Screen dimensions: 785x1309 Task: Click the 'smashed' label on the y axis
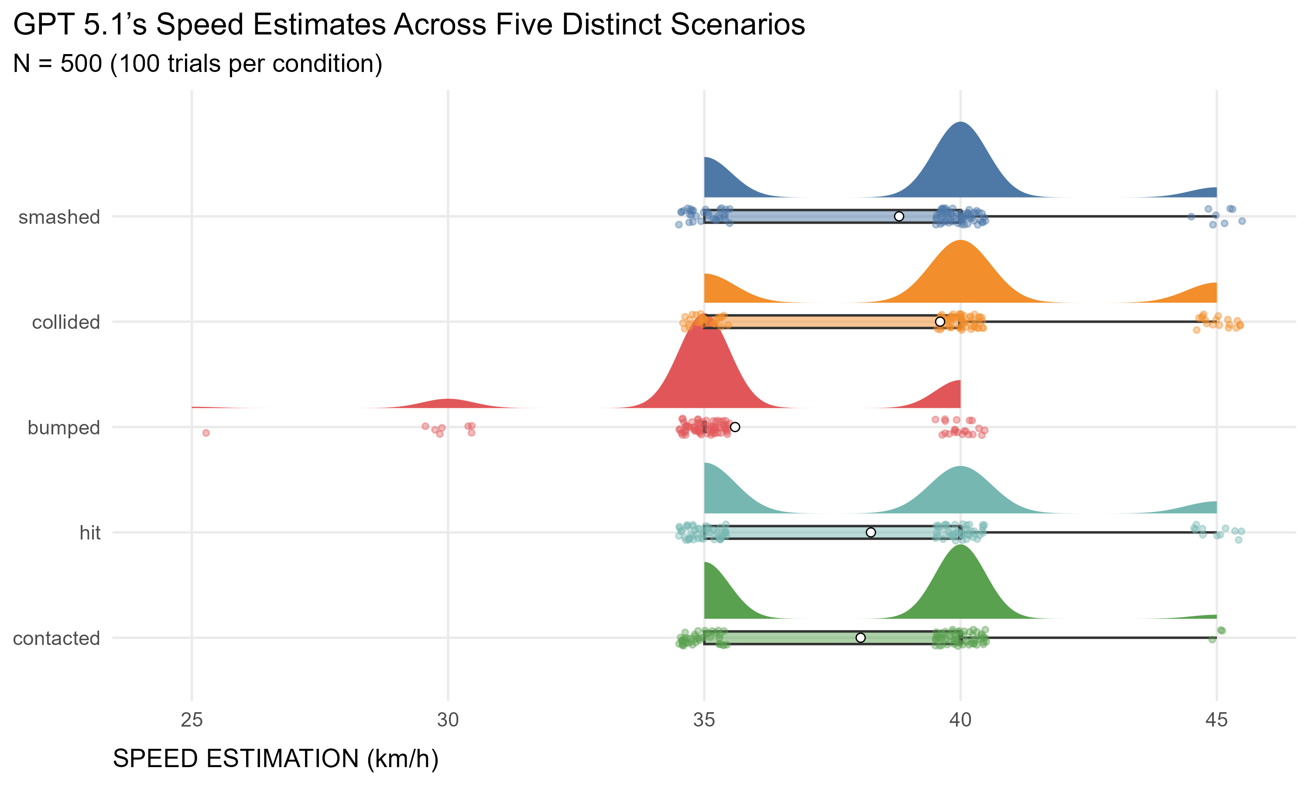(x=59, y=217)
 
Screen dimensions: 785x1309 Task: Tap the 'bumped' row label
(x=64, y=427)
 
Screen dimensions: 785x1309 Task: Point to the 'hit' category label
(x=90, y=532)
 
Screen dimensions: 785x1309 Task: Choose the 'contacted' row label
(x=56, y=638)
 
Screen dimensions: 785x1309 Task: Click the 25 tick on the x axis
(x=192, y=720)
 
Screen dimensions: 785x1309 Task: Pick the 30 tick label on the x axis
(x=448, y=720)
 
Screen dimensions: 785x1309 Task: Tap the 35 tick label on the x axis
(x=704, y=720)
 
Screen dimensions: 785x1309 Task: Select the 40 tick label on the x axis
(x=960, y=720)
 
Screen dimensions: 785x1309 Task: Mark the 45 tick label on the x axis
(x=1216, y=720)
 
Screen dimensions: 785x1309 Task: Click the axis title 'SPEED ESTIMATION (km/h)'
(x=276, y=758)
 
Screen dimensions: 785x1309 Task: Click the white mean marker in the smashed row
(x=899, y=216)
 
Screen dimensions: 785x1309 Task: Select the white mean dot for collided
(x=940, y=321)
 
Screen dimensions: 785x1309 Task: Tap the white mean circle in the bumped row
(x=735, y=427)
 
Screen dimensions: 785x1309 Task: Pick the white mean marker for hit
(x=871, y=532)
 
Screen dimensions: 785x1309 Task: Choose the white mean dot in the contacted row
(x=861, y=638)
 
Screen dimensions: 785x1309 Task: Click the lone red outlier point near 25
(x=206, y=433)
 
